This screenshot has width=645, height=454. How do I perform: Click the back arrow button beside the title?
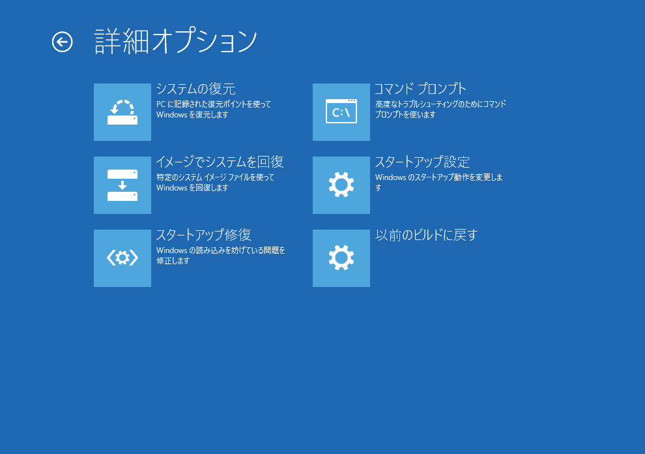tap(62, 42)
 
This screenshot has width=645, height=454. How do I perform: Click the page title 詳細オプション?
tap(176, 41)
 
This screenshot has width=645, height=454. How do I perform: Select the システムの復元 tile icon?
tap(122, 112)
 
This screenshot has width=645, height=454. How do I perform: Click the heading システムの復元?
tap(196, 89)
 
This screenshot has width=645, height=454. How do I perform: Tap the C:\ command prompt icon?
tap(341, 112)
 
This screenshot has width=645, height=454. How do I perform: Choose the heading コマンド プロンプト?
tap(420, 89)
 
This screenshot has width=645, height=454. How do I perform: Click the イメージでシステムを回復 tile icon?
tap(122, 185)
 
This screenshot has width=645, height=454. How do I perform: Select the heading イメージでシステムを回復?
tap(220, 162)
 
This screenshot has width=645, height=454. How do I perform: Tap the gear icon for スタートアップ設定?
tap(341, 185)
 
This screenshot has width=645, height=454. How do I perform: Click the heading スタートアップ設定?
tap(422, 162)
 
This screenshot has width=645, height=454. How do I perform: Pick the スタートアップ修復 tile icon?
tap(122, 258)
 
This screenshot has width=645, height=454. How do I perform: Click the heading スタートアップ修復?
tap(204, 235)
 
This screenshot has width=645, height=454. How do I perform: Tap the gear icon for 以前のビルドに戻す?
tap(341, 258)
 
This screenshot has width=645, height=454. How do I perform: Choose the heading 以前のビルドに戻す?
tap(426, 235)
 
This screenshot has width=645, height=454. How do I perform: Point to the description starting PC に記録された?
tap(214, 110)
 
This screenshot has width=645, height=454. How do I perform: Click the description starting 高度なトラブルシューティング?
tap(440, 110)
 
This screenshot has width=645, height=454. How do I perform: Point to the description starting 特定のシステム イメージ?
tap(215, 183)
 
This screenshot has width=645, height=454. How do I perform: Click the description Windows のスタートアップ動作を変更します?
tap(439, 183)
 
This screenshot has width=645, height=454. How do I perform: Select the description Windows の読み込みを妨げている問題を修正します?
tap(221, 256)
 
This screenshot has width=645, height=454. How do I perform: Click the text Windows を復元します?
tap(192, 115)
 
